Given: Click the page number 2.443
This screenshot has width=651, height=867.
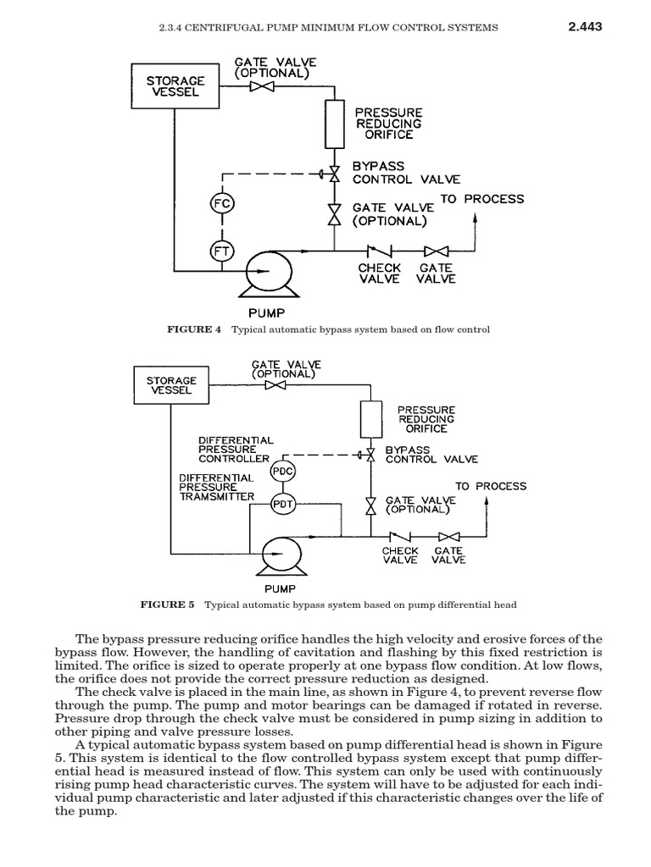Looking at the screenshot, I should pos(584,26).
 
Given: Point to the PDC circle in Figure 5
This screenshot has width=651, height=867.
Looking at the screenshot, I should pos(281,471).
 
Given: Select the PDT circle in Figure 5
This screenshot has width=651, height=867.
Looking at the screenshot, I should pos(281,505).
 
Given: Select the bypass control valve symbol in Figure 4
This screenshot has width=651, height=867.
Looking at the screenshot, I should pos(333,174).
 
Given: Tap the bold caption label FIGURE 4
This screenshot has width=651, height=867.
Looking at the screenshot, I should pos(194,329).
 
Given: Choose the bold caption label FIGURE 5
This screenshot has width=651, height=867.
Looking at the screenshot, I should pos(167,605).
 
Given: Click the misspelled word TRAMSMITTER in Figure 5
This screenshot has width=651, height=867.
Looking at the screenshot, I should pos(216,497).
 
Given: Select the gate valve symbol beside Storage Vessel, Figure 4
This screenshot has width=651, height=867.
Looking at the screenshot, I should pos(256,86).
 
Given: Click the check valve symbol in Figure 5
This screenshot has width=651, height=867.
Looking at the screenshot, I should pos(399,535).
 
